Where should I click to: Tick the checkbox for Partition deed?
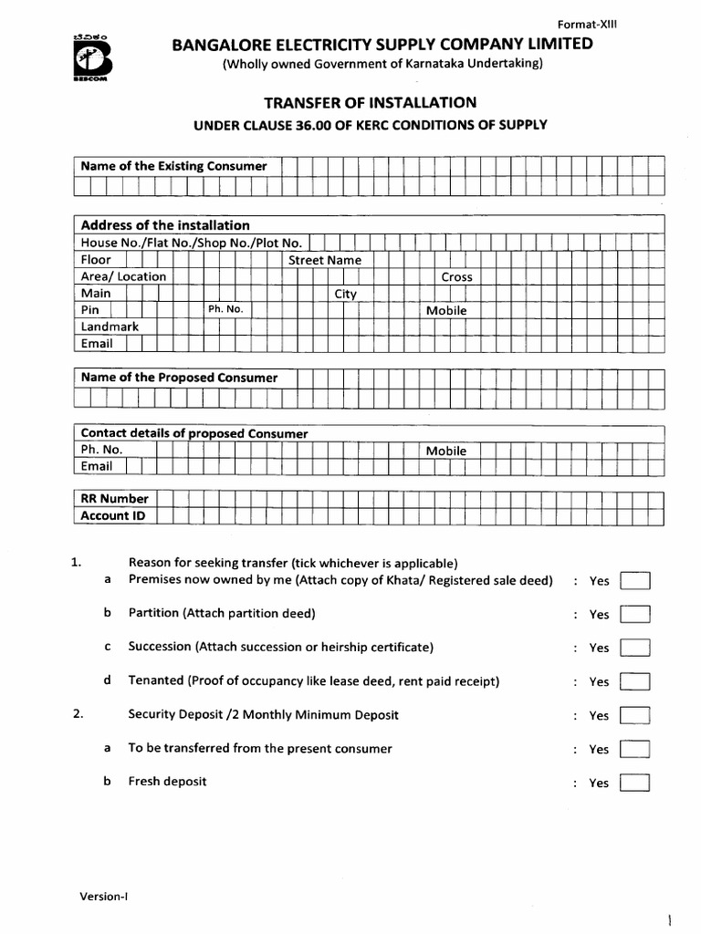click(x=634, y=614)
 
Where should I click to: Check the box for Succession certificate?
click(x=634, y=648)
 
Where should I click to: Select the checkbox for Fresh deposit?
click(x=634, y=783)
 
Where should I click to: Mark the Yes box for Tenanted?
click(x=634, y=681)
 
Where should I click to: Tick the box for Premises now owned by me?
click(x=634, y=580)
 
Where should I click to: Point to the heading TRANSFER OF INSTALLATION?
click(x=370, y=103)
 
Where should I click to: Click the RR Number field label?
click(x=114, y=499)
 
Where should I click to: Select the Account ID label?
click(x=113, y=515)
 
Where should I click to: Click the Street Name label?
click(x=325, y=260)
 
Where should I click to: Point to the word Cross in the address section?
click(x=456, y=276)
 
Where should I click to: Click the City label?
click(x=345, y=294)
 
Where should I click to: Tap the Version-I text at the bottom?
click(x=103, y=896)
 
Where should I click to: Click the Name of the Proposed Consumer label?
click(x=179, y=378)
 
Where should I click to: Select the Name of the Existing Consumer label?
click(x=173, y=166)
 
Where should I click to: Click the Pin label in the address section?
click(x=89, y=310)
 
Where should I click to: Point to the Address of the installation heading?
click(x=165, y=225)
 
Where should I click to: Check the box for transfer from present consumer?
click(x=634, y=749)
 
